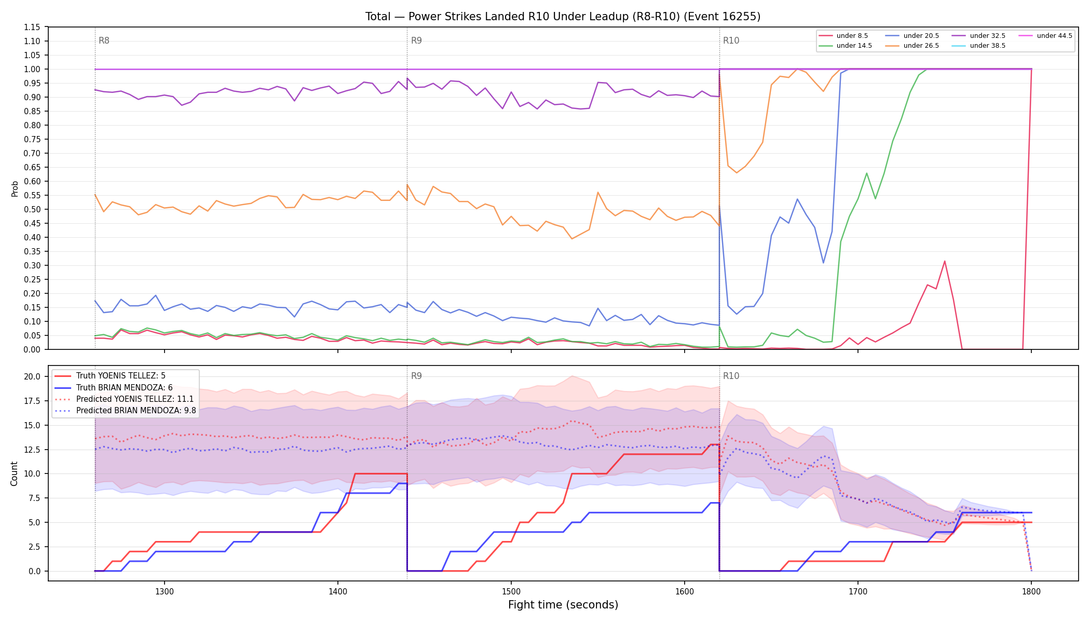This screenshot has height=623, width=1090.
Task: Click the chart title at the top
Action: click(563, 17)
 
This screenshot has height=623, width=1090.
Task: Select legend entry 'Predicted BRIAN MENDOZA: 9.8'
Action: click(125, 411)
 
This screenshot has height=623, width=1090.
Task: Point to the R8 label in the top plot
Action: click(104, 40)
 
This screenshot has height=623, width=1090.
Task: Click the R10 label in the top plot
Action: click(731, 40)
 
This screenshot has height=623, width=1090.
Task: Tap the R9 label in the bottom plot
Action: click(416, 376)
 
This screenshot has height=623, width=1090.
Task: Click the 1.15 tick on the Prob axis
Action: click(32, 27)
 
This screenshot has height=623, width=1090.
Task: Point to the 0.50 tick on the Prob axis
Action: click(32, 209)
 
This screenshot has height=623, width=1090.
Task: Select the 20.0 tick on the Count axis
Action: click(32, 376)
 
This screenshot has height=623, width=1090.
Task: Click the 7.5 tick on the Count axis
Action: click(34, 498)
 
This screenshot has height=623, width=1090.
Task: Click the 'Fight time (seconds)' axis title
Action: click(563, 605)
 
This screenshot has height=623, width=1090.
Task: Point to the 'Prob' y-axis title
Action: click(15, 188)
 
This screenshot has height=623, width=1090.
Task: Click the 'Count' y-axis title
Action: click(14, 473)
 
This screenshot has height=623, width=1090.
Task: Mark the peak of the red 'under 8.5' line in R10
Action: click(945, 261)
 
